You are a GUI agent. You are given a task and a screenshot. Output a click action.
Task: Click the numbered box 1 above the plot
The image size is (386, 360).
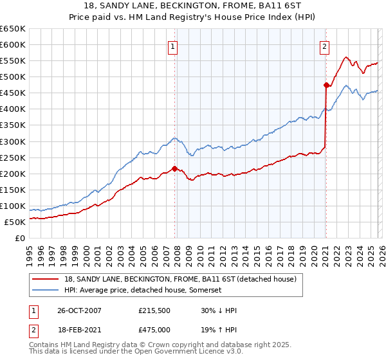[174, 46]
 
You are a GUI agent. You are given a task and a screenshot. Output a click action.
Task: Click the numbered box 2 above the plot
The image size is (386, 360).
[325, 46]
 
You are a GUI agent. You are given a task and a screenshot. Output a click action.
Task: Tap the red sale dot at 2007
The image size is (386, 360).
[174, 168]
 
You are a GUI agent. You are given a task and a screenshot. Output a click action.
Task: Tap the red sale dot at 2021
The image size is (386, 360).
[326, 84]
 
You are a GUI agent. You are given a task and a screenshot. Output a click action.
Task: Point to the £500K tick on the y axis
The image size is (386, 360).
[14, 76]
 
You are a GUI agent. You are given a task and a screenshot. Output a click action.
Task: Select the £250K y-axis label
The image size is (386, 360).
[14, 157]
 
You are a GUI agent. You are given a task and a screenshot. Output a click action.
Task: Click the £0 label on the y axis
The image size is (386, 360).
[20, 238]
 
